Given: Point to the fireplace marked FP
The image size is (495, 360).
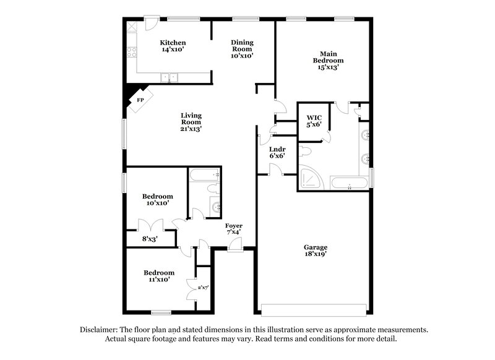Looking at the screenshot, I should [139, 100].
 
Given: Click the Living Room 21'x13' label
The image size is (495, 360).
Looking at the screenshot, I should [191, 122].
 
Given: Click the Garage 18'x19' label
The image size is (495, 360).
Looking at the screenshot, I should [315, 251].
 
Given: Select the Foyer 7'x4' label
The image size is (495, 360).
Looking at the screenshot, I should [233, 229].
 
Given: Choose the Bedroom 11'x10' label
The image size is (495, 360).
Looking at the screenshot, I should [159, 276].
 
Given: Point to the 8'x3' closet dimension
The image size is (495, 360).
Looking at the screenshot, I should [150, 238].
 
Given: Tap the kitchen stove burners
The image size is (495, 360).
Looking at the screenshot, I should [132, 52].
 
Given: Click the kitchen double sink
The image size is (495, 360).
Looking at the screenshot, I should [169, 77].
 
